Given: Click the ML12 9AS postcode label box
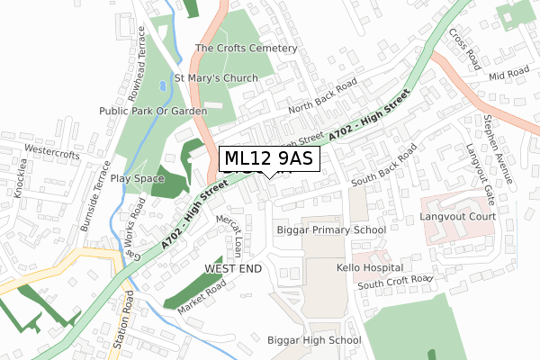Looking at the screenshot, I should [267, 159].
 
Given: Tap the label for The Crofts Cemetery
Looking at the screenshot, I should [246, 48].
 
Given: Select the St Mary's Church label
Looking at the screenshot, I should [216, 78].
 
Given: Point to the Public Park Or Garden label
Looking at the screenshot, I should [154, 111].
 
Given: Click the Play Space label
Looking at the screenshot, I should [138, 179].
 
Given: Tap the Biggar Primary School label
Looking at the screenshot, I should [331, 229].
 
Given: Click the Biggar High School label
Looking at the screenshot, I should [314, 340].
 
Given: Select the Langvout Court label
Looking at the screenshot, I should [457, 218].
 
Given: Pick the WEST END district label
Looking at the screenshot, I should [232, 269].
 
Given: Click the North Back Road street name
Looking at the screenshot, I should [322, 96].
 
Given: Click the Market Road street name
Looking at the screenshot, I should [200, 297].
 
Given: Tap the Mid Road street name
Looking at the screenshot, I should [508, 72].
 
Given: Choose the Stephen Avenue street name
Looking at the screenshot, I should [497, 149].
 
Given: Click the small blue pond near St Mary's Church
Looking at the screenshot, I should [162, 87].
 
